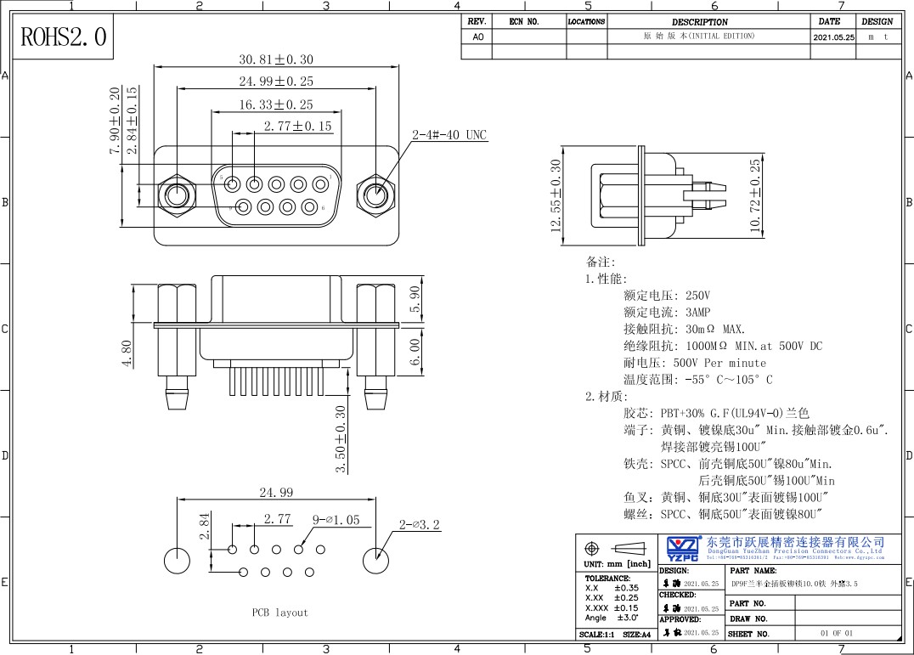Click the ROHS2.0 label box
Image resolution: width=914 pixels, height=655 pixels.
point(65,37)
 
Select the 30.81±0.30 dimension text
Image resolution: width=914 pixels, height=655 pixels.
point(276,59)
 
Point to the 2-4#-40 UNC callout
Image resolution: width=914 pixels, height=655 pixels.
point(449,135)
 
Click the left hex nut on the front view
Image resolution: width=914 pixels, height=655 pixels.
point(177,195)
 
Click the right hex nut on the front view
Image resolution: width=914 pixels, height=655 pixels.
point(375,195)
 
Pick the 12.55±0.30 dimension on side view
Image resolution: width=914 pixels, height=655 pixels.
point(556,195)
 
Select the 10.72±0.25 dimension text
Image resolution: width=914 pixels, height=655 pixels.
point(755,195)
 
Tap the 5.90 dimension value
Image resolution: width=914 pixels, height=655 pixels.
point(415,298)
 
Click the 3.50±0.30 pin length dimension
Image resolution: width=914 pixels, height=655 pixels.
point(341,439)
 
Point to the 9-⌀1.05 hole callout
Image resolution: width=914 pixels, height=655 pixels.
point(336,519)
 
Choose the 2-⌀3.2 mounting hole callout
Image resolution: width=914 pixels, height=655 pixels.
point(420,524)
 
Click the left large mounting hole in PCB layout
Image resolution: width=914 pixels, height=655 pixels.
point(177,560)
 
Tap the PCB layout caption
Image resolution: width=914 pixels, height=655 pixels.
point(279,612)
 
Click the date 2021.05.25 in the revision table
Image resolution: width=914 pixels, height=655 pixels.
point(833,37)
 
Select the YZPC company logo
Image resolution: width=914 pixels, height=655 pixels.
point(683,548)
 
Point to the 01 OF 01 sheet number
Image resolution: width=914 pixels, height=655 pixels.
point(836,634)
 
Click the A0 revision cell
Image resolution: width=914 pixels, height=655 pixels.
point(477,37)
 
